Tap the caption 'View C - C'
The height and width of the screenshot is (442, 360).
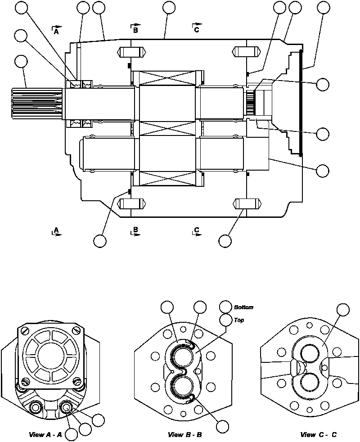(318, 435)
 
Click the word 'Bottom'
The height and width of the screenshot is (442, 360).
(243, 307)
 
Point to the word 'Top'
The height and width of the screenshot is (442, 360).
(239, 320)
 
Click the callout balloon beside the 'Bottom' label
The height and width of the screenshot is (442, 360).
(226, 307)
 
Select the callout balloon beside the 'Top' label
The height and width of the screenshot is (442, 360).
(226, 320)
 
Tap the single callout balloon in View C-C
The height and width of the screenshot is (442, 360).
(343, 310)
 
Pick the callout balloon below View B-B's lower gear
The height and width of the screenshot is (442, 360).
(222, 426)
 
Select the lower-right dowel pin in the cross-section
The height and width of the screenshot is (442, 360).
(247, 203)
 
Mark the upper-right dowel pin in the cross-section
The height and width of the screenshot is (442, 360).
(247, 52)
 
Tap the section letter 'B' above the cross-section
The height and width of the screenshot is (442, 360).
(135, 31)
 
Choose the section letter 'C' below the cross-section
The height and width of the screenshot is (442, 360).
(197, 230)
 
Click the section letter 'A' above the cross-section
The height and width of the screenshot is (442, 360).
(56, 32)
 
